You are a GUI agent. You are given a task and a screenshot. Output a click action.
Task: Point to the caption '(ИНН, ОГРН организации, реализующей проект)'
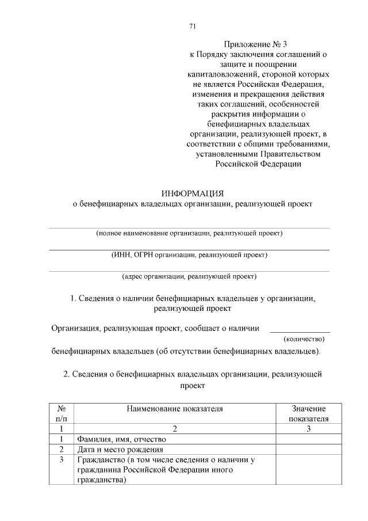tap(189, 254)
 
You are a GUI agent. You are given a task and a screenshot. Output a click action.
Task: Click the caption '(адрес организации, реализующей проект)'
tap(189, 276)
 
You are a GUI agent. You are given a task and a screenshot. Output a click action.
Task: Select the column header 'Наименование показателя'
tap(175, 408)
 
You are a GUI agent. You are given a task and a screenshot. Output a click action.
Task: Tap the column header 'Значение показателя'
tap(308, 413)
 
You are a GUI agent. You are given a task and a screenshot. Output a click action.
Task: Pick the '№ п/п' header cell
tap(61, 413)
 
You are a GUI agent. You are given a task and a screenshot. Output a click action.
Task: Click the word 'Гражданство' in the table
tap(101, 459)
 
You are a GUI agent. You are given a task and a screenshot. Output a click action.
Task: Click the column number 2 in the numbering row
tap(175, 429)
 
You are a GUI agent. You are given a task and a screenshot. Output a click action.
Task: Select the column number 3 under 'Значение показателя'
tap(308, 429)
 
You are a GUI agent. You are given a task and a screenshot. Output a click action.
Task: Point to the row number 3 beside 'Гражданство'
tap(61, 459)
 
